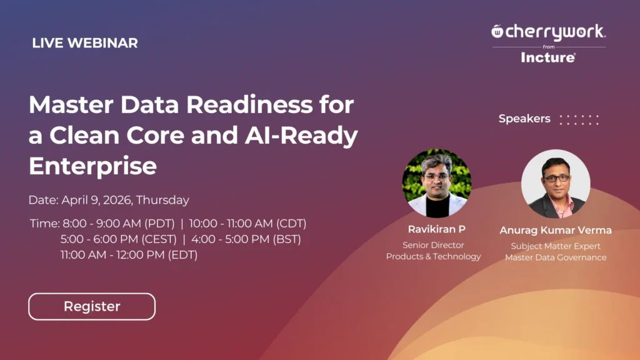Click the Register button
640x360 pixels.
pyautogui.click(x=92, y=307)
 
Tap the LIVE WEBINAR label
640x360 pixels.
pyautogui.click(x=85, y=43)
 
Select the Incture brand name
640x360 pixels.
pyautogui.click(x=548, y=57)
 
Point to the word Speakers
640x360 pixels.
pyautogui.click(x=524, y=119)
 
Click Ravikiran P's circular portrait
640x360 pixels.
pyautogui.click(x=436, y=183)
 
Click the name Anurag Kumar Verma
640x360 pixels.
pyautogui.click(x=556, y=230)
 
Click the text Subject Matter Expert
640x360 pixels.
pyautogui.click(x=556, y=246)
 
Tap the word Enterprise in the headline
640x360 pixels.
pyautogui.click(x=92, y=166)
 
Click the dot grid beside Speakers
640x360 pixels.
pyautogui.click(x=579, y=119)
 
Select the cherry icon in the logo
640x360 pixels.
pyautogui.click(x=497, y=31)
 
